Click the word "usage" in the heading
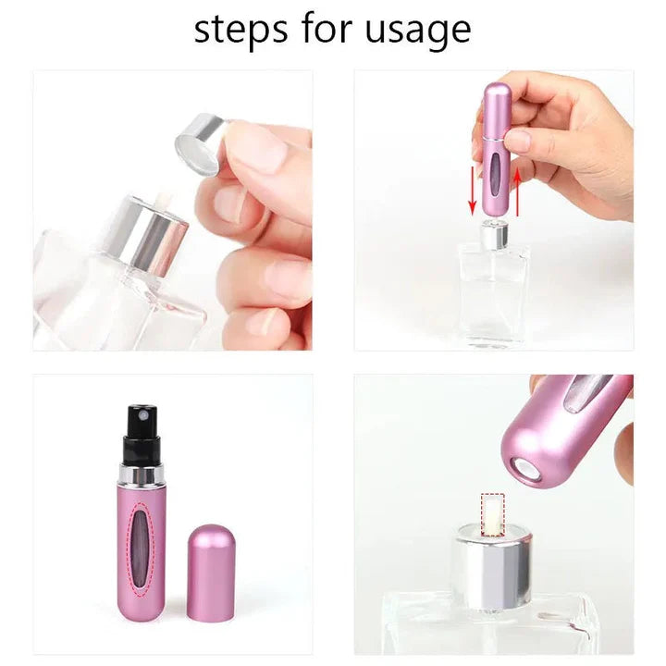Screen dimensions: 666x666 (x=418, y=31)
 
